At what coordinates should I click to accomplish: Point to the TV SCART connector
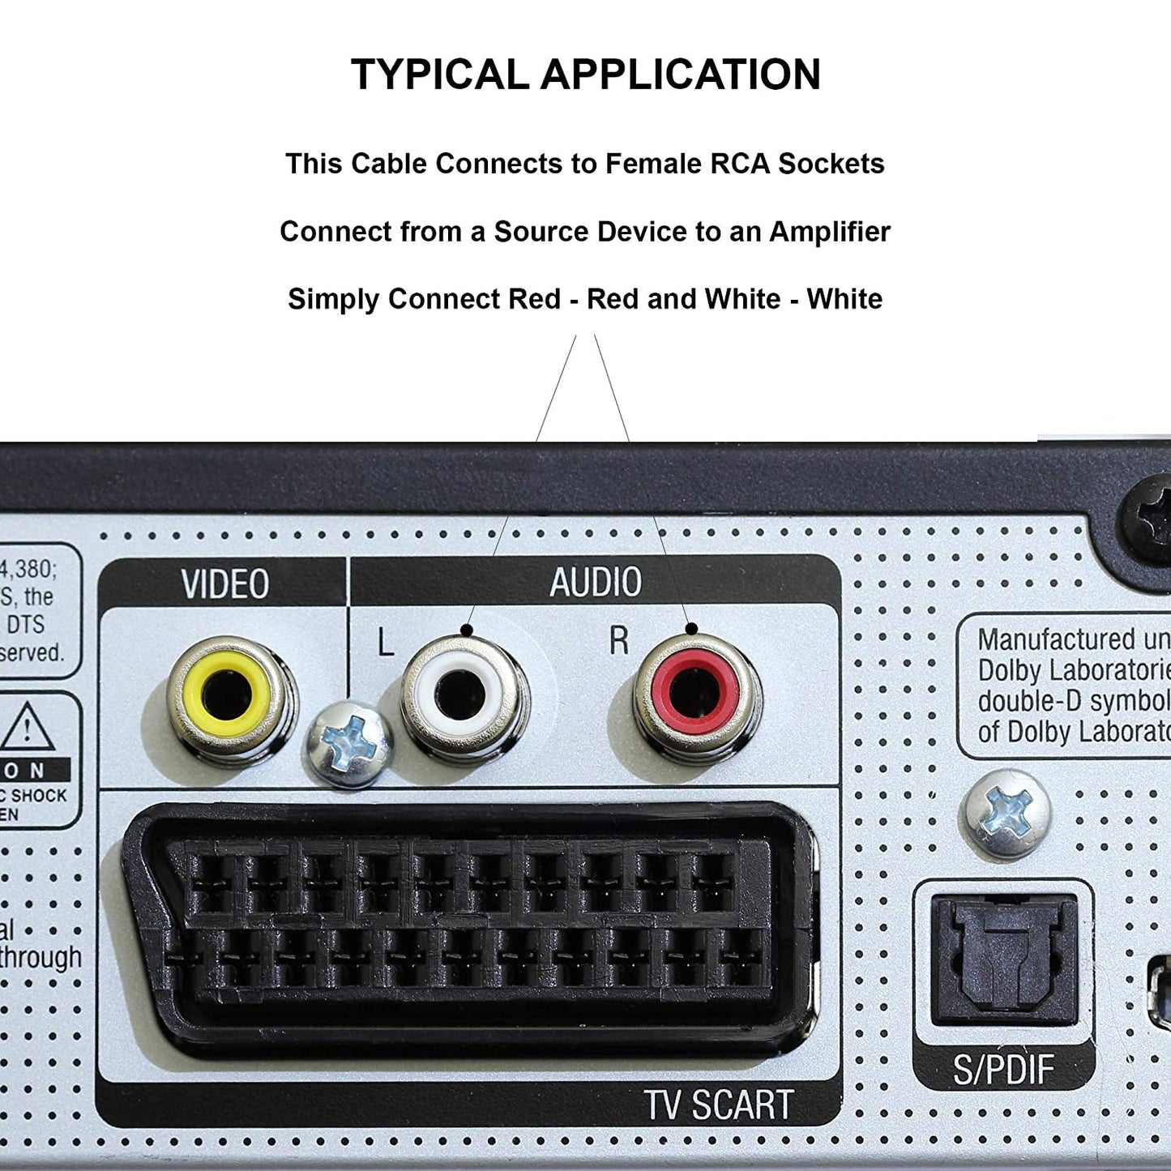click(x=468, y=924)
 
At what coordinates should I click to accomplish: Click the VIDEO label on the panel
click(x=224, y=584)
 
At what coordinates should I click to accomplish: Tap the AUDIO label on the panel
click(x=596, y=582)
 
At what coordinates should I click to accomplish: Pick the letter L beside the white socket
click(x=386, y=643)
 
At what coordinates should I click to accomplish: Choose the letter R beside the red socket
click(x=619, y=640)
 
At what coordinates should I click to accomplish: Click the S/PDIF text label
click(x=1003, y=1071)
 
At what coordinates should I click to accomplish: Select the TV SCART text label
click(x=718, y=1104)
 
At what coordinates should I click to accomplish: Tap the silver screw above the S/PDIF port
click(x=1005, y=814)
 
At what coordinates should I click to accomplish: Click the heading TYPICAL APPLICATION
click(x=585, y=75)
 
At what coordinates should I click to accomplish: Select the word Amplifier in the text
click(x=829, y=232)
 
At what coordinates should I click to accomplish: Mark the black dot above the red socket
click(x=691, y=629)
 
